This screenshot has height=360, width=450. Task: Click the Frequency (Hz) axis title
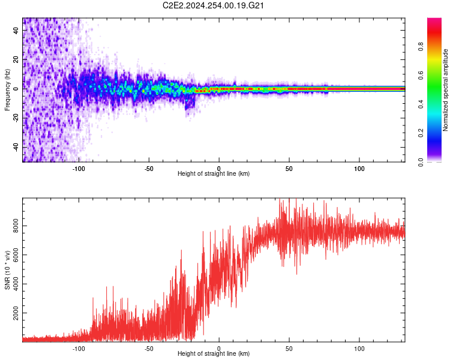[x=7, y=89]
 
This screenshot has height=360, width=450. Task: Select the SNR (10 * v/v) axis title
[x=7, y=269]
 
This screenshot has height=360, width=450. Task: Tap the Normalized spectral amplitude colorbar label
[x=445, y=90]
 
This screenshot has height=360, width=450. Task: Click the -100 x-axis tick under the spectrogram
[x=79, y=168]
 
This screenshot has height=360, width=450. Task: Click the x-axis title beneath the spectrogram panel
[x=214, y=174]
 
